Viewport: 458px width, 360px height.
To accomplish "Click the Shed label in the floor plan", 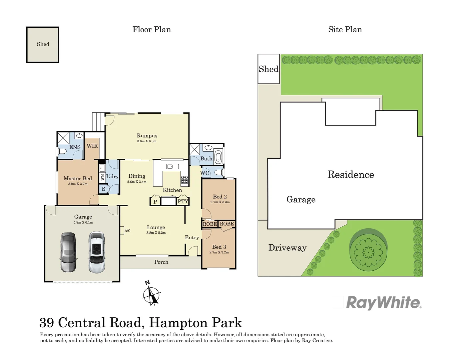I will [43, 44].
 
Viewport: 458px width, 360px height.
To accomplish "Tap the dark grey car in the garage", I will [69, 252].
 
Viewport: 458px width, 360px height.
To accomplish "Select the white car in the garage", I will [97, 252].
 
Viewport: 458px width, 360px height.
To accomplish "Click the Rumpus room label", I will [147, 136].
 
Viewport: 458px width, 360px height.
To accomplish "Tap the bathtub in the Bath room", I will [218, 157].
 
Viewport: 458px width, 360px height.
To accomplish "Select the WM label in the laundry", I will [103, 177].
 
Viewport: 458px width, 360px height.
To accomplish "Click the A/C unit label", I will [128, 231].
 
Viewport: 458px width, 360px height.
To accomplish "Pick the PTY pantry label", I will [183, 201].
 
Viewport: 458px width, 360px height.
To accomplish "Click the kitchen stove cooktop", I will [185, 180].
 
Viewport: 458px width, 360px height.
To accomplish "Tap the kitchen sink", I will [172, 167].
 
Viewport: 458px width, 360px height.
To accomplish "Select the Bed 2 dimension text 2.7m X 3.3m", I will [220, 202].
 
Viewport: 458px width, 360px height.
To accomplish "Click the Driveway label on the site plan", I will [287, 248].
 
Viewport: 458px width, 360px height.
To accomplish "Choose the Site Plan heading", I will [345, 30].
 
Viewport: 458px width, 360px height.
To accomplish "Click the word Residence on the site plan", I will [350, 175].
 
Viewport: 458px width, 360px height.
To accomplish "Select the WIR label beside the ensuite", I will [92, 146].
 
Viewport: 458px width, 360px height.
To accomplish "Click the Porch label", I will [161, 262].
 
